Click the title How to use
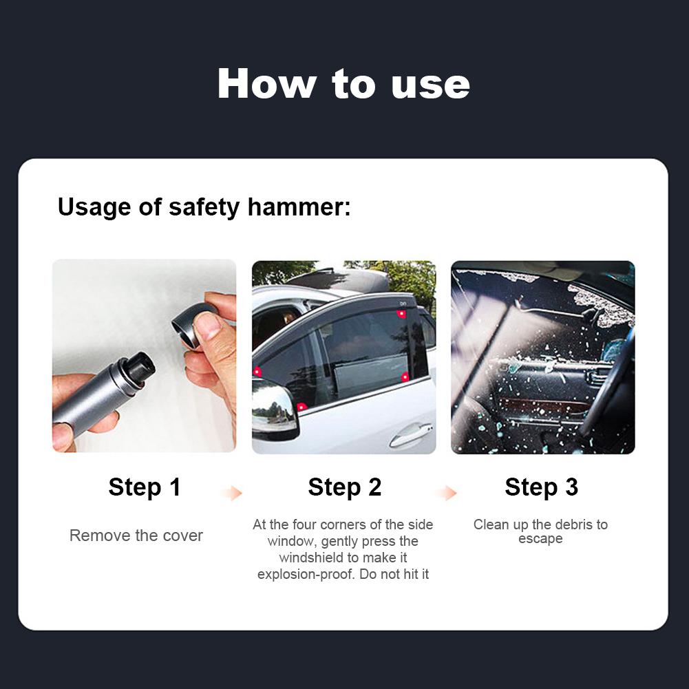pyautogui.click(x=343, y=84)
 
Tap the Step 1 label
pyautogui.click(x=145, y=487)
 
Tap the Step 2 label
pyautogui.click(x=344, y=487)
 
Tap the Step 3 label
pyautogui.click(x=541, y=487)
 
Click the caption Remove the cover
pyautogui.click(x=136, y=536)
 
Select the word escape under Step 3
pyautogui.click(x=540, y=539)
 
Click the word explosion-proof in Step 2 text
pyautogui.click(x=306, y=574)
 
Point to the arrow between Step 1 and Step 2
pyautogui.click(x=233, y=493)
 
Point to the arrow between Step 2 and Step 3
pyautogui.click(x=447, y=493)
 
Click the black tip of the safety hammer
pyautogui.click(x=140, y=365)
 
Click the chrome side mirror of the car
pyautogui.click(x=274, y=409)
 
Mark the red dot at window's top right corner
pyautogui.click(x=401, y=314)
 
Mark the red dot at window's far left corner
pyautogui.click(x=257, y=372)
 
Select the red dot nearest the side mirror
pyautogui.click(x=301, y=407)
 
